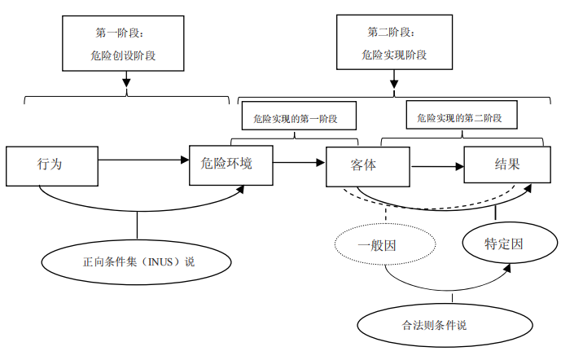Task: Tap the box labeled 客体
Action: (x=366, y=166)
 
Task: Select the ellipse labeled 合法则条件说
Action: (x=434, y=324)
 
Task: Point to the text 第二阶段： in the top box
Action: (x=392, y=33)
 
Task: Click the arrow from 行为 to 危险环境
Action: (x=143, y=159)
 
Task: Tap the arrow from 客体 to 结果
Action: (x=436, y=167)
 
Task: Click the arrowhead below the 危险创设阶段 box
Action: (x=126, y=81)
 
